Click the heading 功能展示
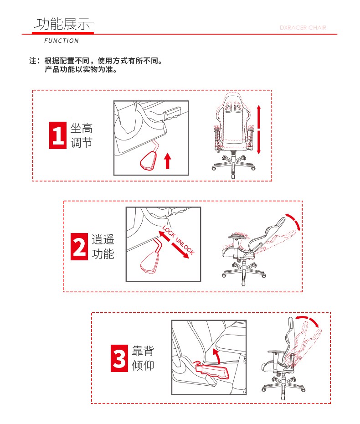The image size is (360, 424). [64, 24]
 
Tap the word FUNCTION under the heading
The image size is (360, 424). [62, 41]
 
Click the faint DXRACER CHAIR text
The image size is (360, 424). [303, 27]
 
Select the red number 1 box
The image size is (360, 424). [58, 135]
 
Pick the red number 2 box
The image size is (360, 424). [79, 246]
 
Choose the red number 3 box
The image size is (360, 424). [119, 358]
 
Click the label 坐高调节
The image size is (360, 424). [82, 135]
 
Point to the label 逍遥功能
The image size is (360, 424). [103, 246]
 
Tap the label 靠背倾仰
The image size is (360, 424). [143, 358]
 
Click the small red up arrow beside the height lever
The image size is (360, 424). [168, 160]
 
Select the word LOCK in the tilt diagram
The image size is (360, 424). [169, 232]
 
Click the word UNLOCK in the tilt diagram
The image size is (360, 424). [185, 246]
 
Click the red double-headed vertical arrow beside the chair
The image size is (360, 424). [259, 130]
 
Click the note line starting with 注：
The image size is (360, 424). [96, 61]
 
